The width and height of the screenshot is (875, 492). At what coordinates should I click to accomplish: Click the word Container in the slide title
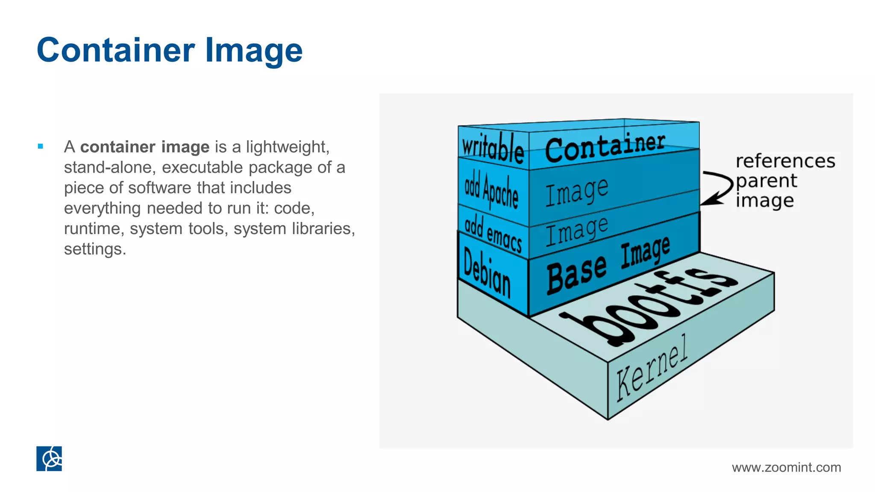[116, 50]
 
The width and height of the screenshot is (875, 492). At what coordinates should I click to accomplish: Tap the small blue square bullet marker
[41, 146]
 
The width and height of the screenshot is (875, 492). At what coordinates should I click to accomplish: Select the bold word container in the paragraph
[117, 147]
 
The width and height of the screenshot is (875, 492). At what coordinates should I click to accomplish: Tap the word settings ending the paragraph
[95, 249]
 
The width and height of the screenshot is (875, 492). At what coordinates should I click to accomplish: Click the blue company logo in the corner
[49, 459]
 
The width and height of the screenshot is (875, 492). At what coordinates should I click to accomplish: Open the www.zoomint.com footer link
[786, 467]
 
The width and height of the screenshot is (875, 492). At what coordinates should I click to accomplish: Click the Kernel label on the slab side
[652, 368]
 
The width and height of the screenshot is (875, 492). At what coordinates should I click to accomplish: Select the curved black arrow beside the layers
[718, 187]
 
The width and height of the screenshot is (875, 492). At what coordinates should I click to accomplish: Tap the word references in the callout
[785, 161]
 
